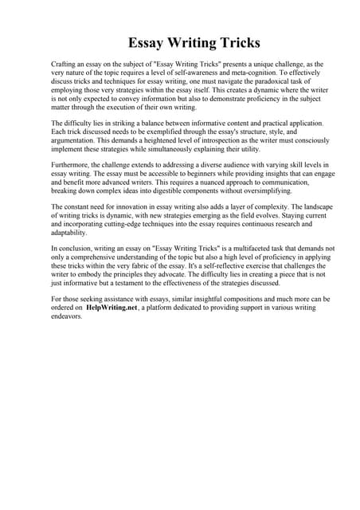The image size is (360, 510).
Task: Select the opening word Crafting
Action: [x=66, y=63]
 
